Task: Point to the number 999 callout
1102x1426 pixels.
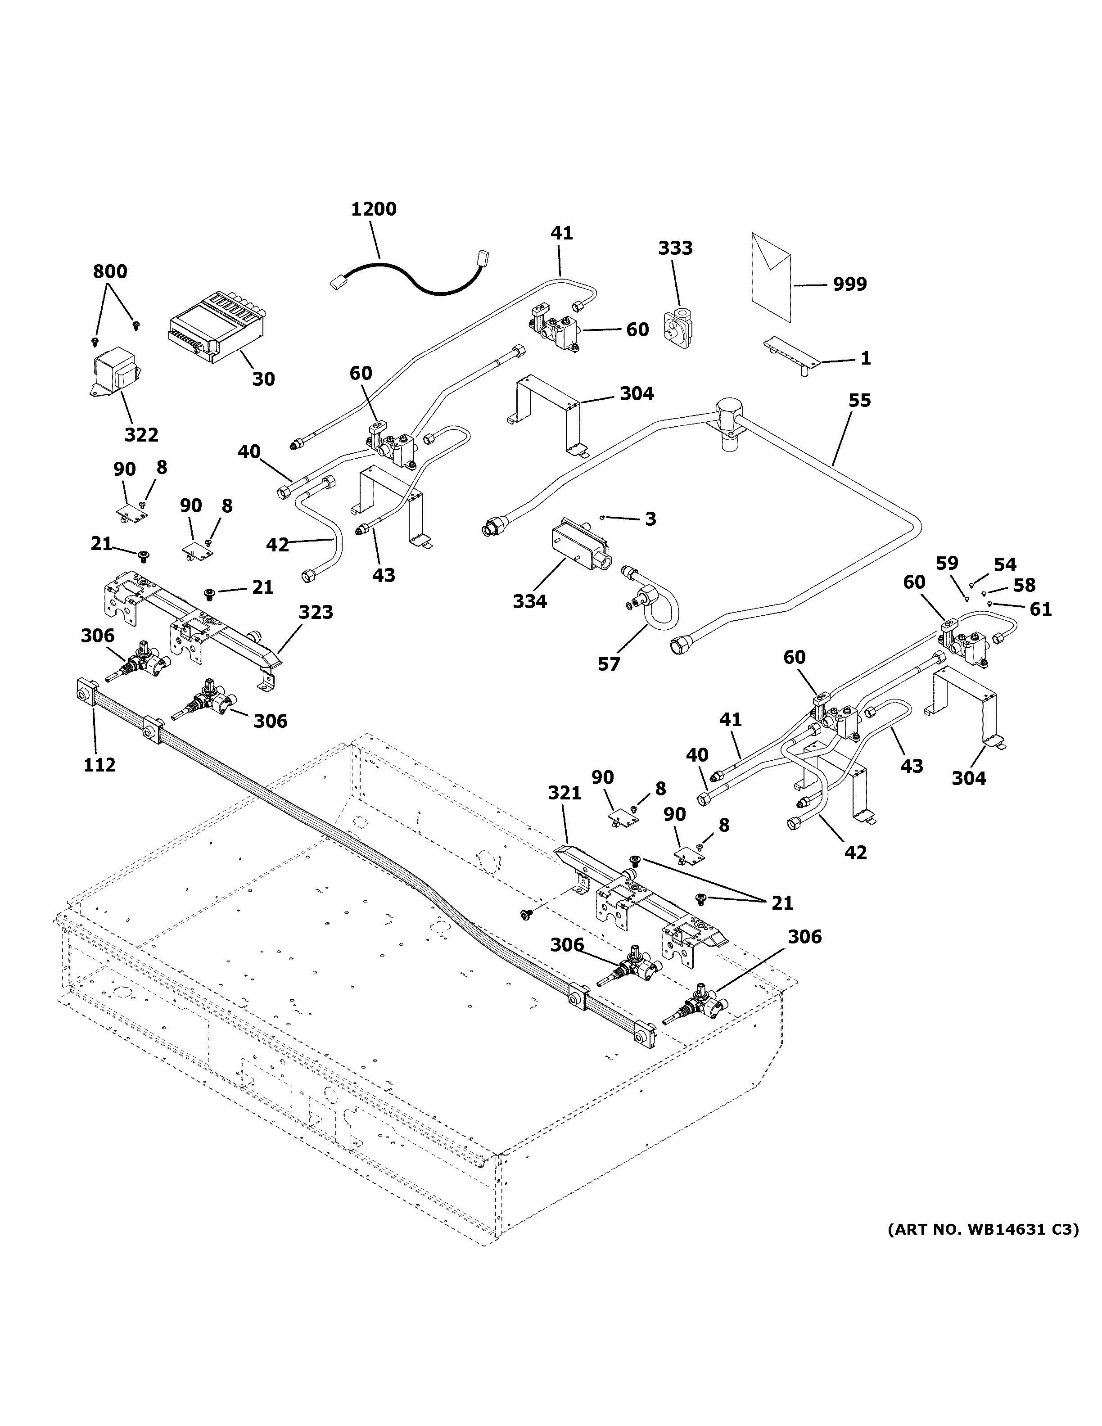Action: [x=849, y=284]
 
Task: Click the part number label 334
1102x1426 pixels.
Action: [x=529, y=601]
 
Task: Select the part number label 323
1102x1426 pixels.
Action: [x=316, y=613]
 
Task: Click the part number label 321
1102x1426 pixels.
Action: [x=564, y=793]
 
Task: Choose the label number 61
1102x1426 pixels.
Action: [x=1041, y=610]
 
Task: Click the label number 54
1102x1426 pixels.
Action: [x=1005, y=565]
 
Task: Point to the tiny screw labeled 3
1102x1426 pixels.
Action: [x=604, y=518]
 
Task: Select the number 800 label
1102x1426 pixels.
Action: [x=110, y=271]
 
